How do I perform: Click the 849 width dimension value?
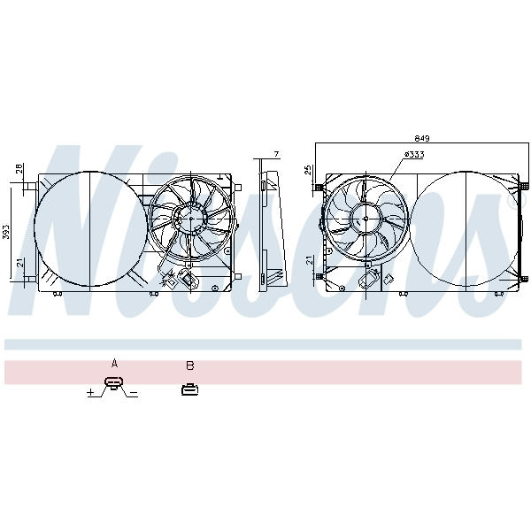422,139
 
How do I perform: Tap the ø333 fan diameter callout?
414,154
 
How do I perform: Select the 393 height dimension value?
6,232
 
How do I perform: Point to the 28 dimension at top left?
19,168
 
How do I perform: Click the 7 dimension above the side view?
277,154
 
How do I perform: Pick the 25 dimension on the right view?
308,170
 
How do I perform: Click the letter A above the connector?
114,364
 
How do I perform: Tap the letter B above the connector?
190,366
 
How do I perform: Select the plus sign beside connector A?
90,392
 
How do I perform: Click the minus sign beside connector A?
134,393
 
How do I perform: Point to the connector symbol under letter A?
114,382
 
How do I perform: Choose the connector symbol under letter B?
189,389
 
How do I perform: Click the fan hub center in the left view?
190,219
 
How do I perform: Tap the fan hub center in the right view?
366,219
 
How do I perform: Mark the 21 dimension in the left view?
20,263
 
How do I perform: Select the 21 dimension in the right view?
308,261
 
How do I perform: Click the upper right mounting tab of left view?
238,188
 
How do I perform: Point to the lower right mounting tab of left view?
238,277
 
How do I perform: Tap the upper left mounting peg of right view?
319,187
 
